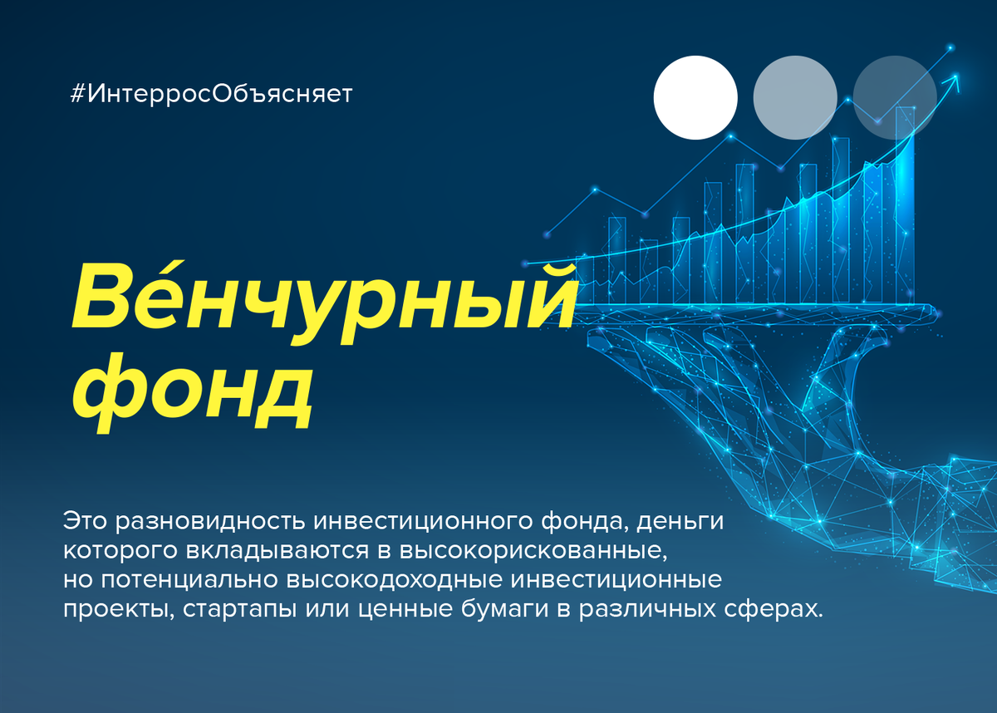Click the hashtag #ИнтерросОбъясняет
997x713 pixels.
pyautogui.click(x=211, y=94)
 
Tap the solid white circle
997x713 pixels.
pyautogui.click(x=695, y=97)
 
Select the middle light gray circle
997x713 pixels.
pyautogui.click(x=795, y=97)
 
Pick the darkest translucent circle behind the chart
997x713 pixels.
pyautogui.click(x=895, y=97)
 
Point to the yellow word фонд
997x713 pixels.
pyautogui.click(x=192, y=393)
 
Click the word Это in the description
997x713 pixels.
pyautogui.click(x=85, y=521)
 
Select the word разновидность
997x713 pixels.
pyautogui.click(x=210, y=521)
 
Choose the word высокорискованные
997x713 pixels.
pyautogui.click(x=533, y=551)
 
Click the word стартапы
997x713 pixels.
pyautogui.click(x=239, y=609)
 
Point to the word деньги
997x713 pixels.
pyautogui.click(x=680, y=522)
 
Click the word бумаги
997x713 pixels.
pyautogui.click(x=504, y=609)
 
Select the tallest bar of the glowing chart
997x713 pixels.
pyautogui.click(x=906, y=204)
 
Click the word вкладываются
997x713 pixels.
pyautogui.click(x=277, y=551)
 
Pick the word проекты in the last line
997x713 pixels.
pyautogui.click(x=118, y=609)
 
